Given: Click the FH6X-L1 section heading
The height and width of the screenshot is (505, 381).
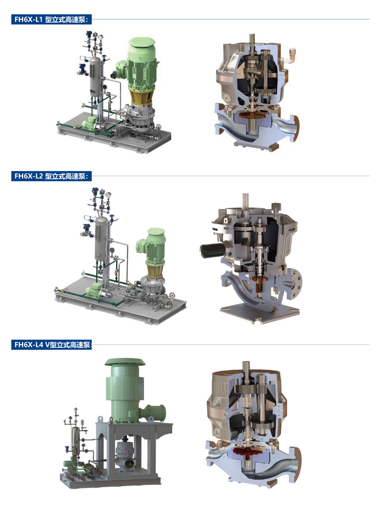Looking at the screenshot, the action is [51, 19].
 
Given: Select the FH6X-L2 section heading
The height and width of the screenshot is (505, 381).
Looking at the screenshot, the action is [51, 176].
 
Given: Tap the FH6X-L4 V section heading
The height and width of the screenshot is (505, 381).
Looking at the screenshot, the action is [51, 345].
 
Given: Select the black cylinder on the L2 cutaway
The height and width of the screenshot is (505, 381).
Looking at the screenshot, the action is [212, 250].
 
